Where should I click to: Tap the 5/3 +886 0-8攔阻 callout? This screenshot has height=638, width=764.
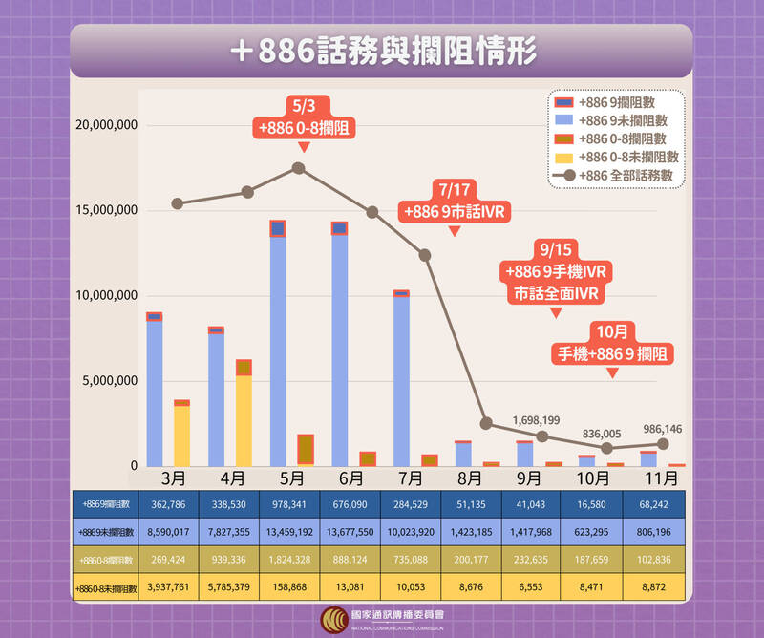click(x=303, y=117)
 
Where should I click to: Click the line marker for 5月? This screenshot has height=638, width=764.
click(x=298, y=168)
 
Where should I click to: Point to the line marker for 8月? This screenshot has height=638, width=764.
click(x=486, y=423)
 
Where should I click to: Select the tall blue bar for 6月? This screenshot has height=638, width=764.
click(x=339, y=349)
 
